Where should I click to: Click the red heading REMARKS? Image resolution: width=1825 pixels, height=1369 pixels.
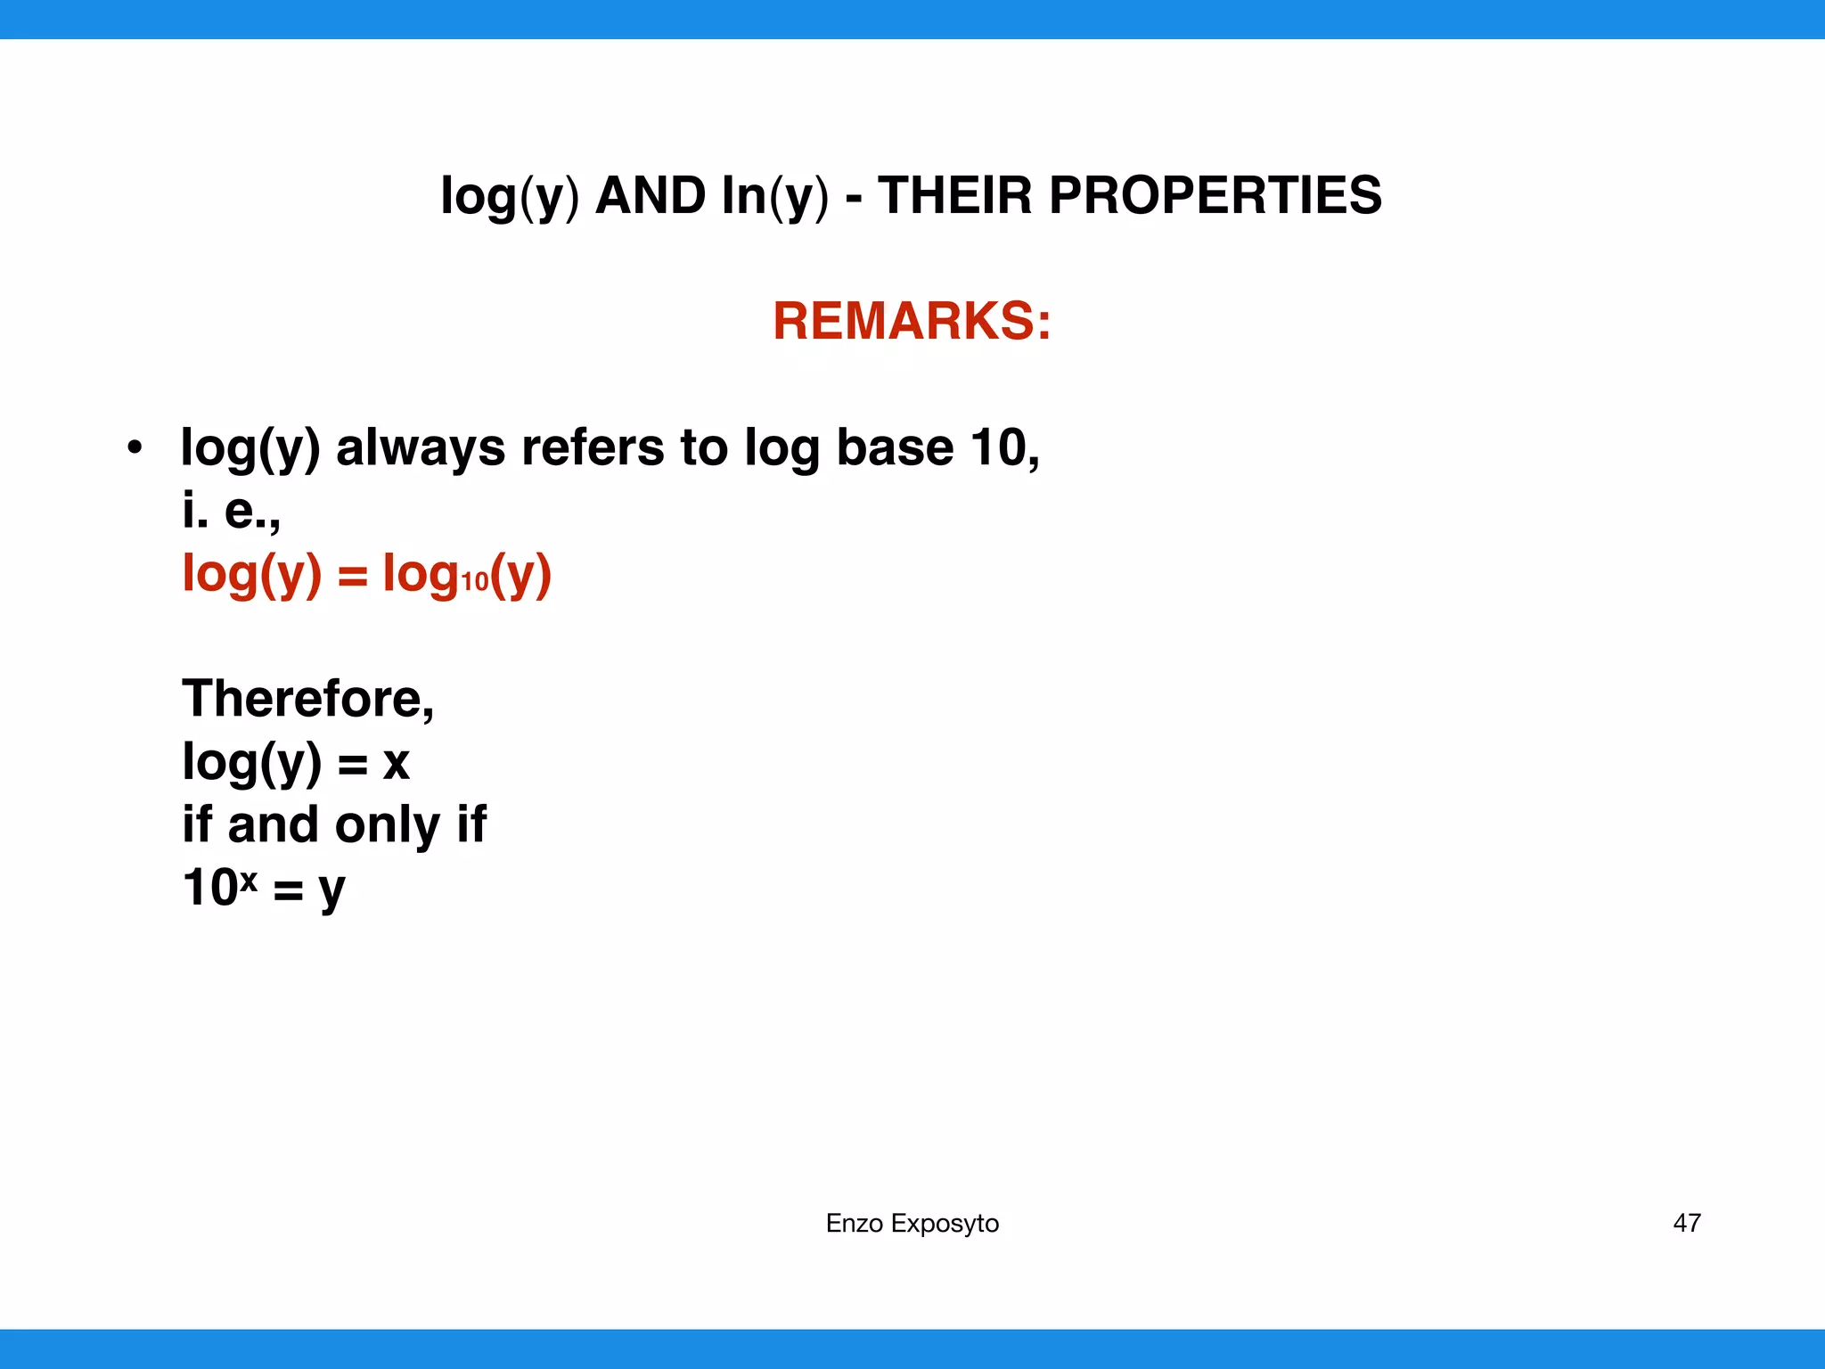click(912, 321)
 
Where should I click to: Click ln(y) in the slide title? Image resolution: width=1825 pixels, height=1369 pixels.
click(774, 197)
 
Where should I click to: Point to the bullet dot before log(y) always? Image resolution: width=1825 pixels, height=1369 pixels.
click(134, 447)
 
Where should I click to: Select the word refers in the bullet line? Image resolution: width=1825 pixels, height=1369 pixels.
click(593, 447)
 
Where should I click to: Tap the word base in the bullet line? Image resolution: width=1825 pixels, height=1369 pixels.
click(895, 447)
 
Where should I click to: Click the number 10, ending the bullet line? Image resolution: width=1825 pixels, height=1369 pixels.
click(1005, 447)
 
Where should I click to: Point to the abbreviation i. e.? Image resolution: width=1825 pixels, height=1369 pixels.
click(231, 511)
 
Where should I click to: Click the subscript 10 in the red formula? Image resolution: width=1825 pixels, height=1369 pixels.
click(475, 582)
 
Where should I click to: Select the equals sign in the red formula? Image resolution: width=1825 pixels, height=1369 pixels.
click(352, 576)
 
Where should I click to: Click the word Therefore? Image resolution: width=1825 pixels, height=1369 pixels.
click(307, 698)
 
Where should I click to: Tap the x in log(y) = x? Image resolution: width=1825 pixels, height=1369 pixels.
click(396, 764)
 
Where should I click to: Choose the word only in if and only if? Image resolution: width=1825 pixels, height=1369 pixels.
click(387, 824)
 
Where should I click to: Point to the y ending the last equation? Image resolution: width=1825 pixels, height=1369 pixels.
click(331, 890)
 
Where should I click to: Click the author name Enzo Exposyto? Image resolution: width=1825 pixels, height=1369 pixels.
click(912, 1223)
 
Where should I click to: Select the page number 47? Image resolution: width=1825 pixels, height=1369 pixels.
click(1686, 1223)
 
